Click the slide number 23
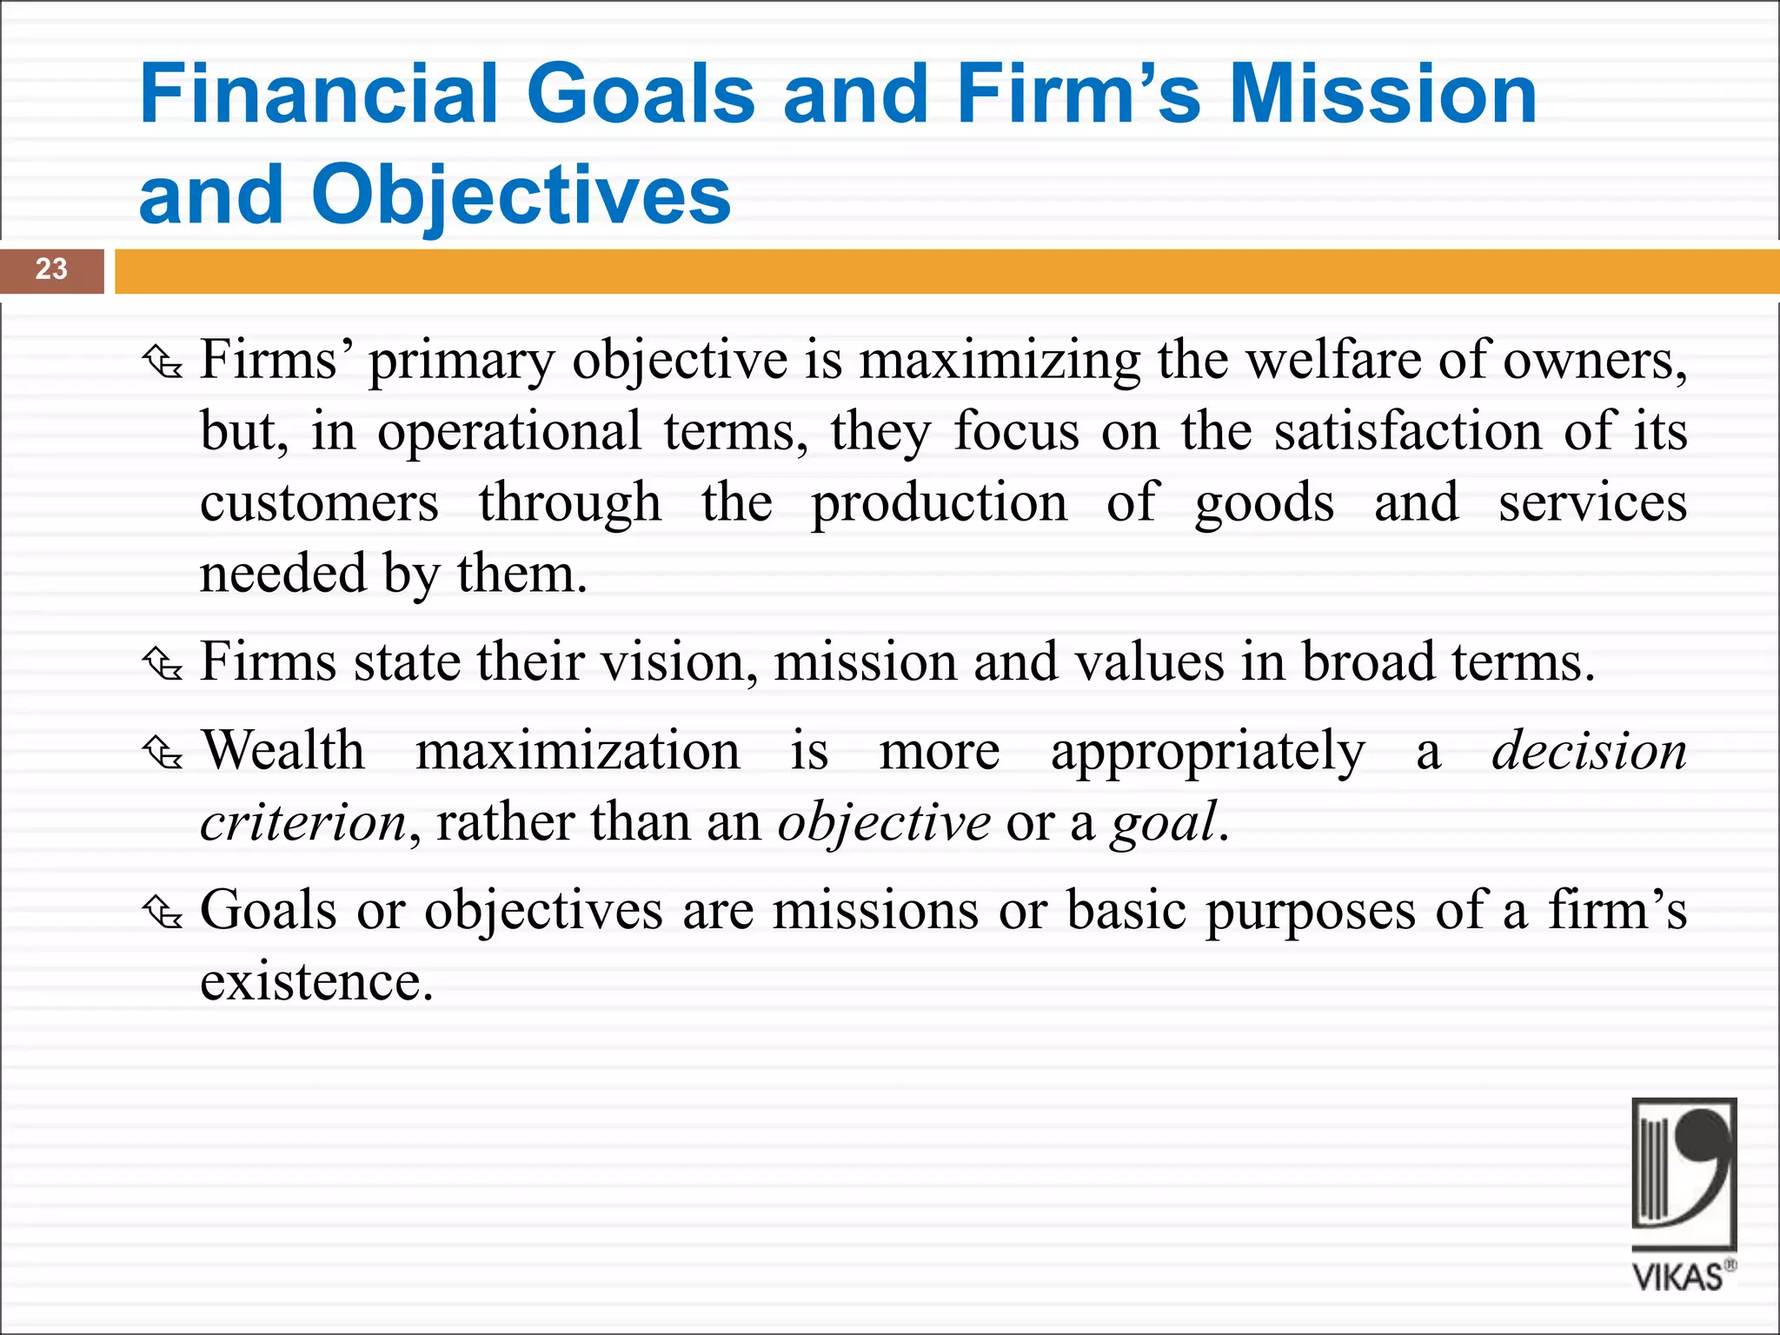[51, 269]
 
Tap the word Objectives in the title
[521, 195]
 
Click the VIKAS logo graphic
[1684, 1173]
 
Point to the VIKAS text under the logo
[1677, 1277]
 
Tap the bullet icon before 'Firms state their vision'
[163, 665]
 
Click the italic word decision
[1589, 750]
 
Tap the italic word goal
[1163, 822]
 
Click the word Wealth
[283, 750]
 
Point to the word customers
[319, 503]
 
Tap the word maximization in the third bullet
[577, 750]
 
